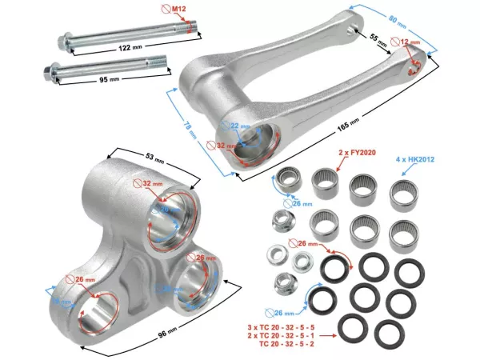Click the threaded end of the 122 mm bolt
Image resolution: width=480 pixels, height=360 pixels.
click(x=187, y=30)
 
